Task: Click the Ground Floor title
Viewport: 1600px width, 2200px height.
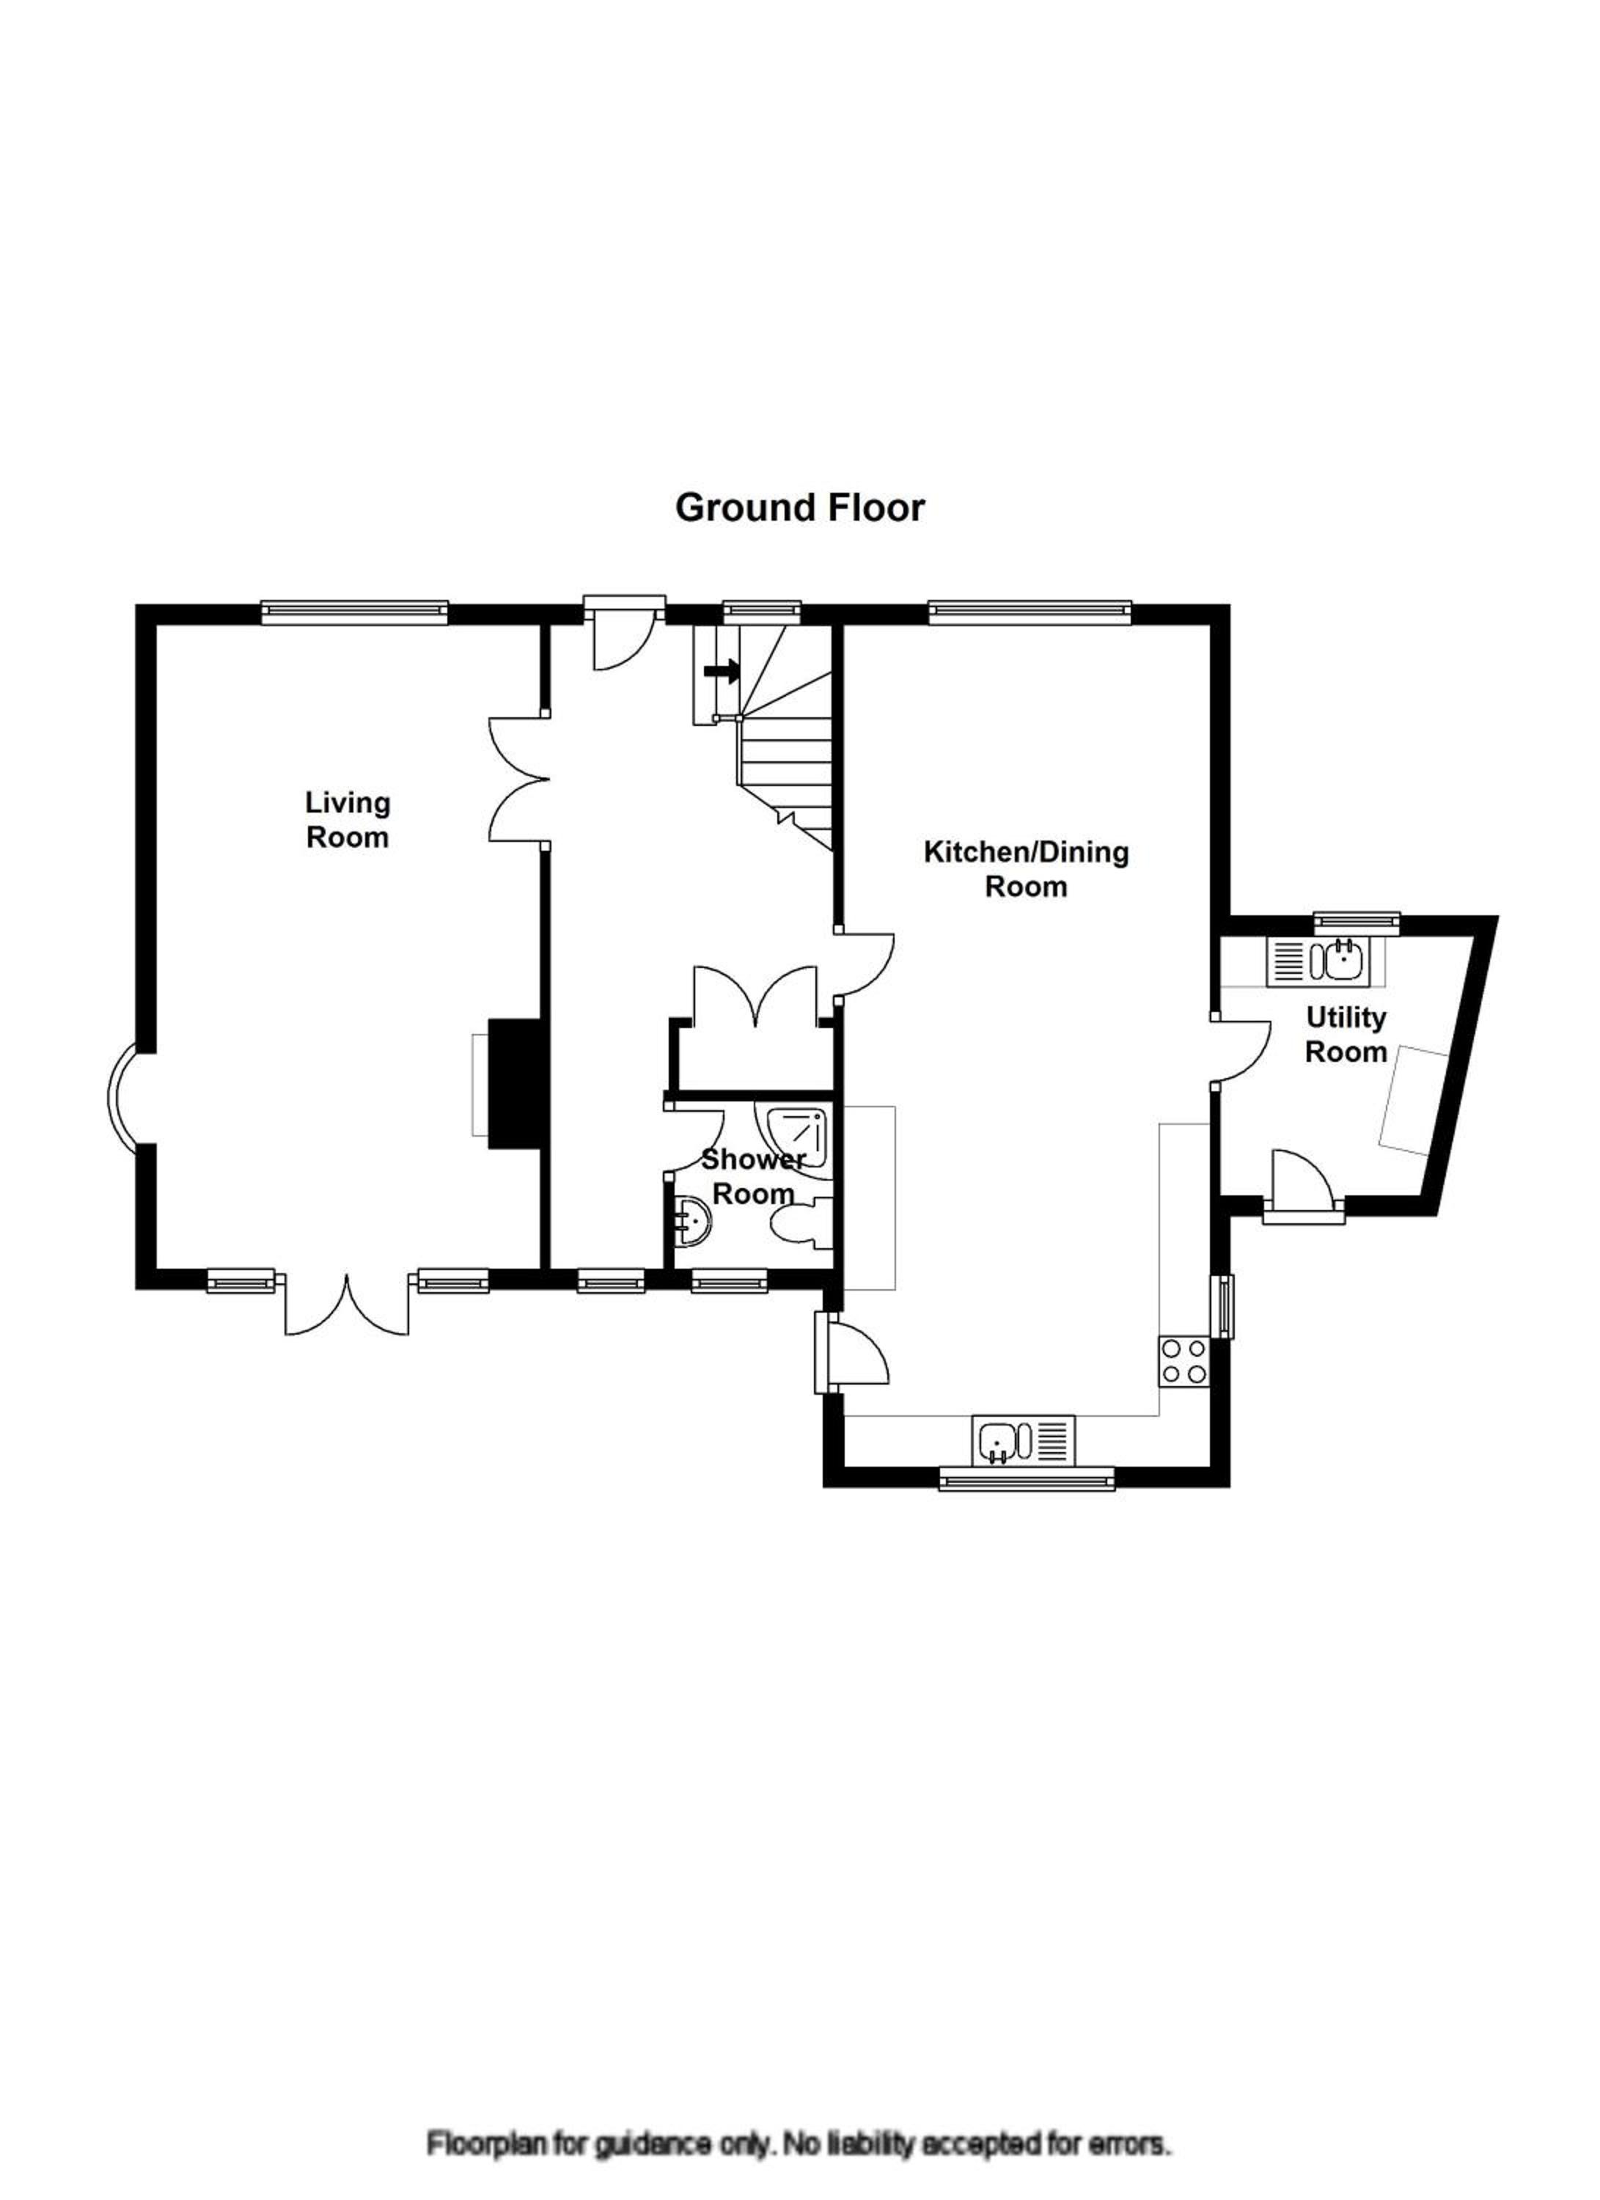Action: pyautogui.click(x=799, y=508)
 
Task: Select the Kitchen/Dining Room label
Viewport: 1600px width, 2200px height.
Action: pyautogui.click(x=1026, y=869)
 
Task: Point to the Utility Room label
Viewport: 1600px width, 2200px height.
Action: pyautogui.click(x=1346, y=1034)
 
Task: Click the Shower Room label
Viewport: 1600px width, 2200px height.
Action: pyautogui.click(x=754, y=1176)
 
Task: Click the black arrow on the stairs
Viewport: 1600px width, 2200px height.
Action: pyautogui.click(x=721, y=670)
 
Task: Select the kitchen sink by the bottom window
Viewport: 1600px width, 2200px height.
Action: pyautogui.click(x=1023, y=1440)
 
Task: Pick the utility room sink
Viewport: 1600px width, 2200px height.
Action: pyautogui.click(x=1316, y=961)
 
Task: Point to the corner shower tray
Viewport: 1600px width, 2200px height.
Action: pyautogui.click(x=795, y=1138)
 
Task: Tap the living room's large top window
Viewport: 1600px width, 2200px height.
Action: pyautogui.click(x=355, y=611)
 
